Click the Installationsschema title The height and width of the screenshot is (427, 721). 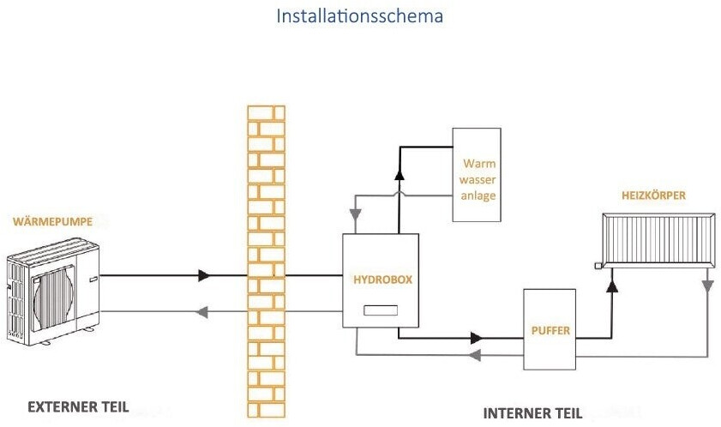(x=359, y=16)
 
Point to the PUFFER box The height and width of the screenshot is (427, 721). (x=550, y=329)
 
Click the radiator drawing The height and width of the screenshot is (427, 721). (x=656, y=242)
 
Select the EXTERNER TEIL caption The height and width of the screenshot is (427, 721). (x=77, y=406)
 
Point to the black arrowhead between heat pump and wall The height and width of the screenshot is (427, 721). (x=204, y=276)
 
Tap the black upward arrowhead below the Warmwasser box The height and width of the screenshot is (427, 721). (x=399, y=175)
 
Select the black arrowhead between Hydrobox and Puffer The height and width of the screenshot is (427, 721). (x=473, y=338)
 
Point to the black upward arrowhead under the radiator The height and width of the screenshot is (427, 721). (x=612, y=285)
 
